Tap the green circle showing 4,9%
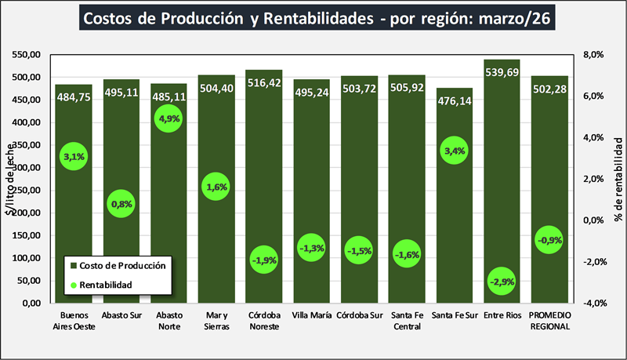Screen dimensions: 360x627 click(169, 120)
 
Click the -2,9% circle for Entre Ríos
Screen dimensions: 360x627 click(502, 281)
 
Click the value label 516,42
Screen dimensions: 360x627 click(263, 83)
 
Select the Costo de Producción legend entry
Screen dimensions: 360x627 click(118, 265)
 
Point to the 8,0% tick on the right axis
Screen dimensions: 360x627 click(593, 55)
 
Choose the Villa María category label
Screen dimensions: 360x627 click(311, 317)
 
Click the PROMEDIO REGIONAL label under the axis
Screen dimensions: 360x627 click(549, 322)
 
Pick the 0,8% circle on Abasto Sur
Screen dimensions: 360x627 click(121, 204)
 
